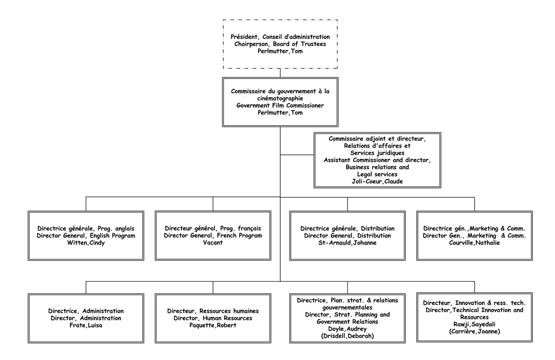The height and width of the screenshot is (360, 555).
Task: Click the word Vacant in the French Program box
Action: [213, 242]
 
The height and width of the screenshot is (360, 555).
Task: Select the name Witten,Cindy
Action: [86, 242]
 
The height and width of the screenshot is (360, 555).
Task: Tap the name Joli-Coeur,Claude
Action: [377, 181]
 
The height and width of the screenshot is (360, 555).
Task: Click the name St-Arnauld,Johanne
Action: [347, 242]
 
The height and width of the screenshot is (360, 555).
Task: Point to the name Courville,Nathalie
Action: [474, 242]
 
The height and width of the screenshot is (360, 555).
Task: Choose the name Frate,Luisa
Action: [86, 325]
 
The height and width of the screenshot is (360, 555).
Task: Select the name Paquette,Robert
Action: [213, 325]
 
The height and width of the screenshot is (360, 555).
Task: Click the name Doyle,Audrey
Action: [347, 328]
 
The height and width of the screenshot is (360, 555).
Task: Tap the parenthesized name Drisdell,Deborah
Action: [347, 336]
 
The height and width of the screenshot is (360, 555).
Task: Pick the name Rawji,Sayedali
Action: [474, 324]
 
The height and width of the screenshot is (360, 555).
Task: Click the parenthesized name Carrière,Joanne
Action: [474, 332]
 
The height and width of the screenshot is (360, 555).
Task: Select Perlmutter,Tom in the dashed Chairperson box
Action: [280, 51]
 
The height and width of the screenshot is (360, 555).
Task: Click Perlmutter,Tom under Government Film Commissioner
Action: [280, 113]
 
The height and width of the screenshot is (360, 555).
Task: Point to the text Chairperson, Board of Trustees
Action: [280, 44]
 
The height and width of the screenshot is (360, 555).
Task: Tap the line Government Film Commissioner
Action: [280, 105]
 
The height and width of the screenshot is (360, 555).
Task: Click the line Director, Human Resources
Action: [213, 318]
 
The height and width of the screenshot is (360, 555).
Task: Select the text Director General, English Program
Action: [86, 235]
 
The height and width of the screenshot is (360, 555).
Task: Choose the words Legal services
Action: [377, 174]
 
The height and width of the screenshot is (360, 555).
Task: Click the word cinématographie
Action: [280, 98]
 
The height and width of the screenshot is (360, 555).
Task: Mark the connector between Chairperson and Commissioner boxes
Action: [280, 73]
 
